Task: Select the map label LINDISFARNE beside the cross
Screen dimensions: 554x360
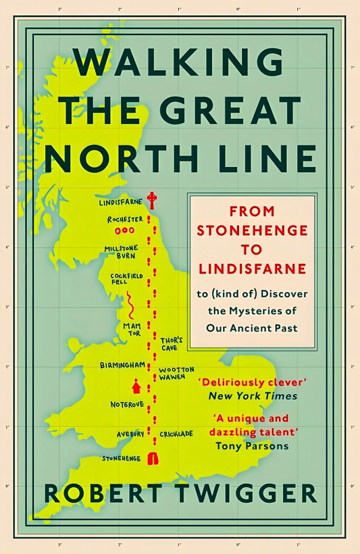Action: pos(121,202)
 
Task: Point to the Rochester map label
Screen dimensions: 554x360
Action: pos(125,220)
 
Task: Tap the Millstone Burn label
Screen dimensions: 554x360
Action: pos(121,252)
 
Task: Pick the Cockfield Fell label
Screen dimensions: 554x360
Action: pos(124,279)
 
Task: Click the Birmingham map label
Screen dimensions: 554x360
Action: pos(122,365)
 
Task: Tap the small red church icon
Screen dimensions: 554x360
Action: pos(137,386)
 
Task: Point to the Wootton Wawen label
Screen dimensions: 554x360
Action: pos(176,374)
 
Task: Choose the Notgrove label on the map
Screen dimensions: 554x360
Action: pos(127,404)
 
